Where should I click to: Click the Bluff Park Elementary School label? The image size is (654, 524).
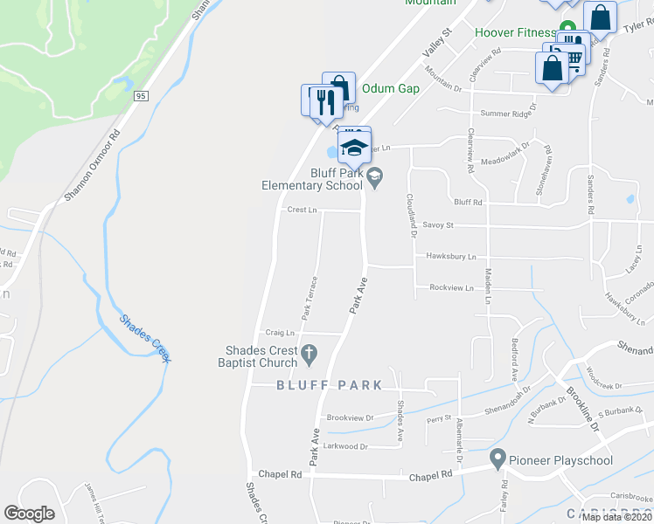point(312,179)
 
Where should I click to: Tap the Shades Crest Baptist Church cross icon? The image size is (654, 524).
point(308,354)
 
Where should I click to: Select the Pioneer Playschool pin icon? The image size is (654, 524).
point(498,457)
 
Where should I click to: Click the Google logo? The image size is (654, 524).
point(29,514)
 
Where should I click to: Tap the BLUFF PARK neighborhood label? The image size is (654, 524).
point(329,385)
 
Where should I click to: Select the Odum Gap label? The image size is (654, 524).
point(391,88)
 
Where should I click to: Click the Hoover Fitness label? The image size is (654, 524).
point(515,33)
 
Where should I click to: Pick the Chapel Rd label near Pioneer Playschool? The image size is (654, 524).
point(434,474)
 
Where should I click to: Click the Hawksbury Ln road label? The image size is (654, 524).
point(451,257)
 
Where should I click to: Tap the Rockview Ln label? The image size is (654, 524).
point(451,287)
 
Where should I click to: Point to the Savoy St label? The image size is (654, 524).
point(439,225)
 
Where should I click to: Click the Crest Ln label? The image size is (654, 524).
point(302,210)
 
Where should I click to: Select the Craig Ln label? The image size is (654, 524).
point(279,333)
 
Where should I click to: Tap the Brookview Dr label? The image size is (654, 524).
point(350,417)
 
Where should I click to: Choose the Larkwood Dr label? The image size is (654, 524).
point(346,446)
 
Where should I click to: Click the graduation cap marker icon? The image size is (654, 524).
point(354,146)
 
